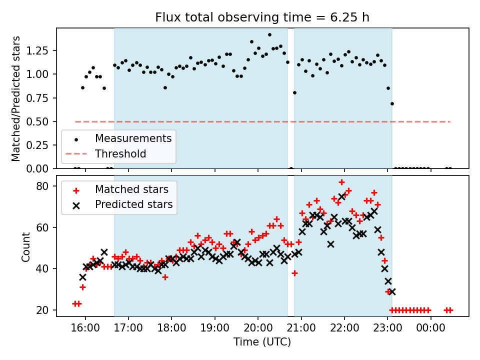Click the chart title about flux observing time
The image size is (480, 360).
click(262, 18)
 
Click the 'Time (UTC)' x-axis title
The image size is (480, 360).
click(262, 342)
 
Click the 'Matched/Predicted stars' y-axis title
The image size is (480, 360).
click(16, 98)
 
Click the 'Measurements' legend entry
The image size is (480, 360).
click(133, 138)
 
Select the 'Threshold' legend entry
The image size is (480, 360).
click(120, 153)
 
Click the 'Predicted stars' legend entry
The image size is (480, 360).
click(134, 204)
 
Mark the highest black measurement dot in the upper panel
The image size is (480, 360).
click(269, 35)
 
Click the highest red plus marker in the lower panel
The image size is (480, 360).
click(341, 182)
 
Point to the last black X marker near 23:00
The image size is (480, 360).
click(392, 291)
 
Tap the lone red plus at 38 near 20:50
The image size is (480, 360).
click(294, 273)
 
